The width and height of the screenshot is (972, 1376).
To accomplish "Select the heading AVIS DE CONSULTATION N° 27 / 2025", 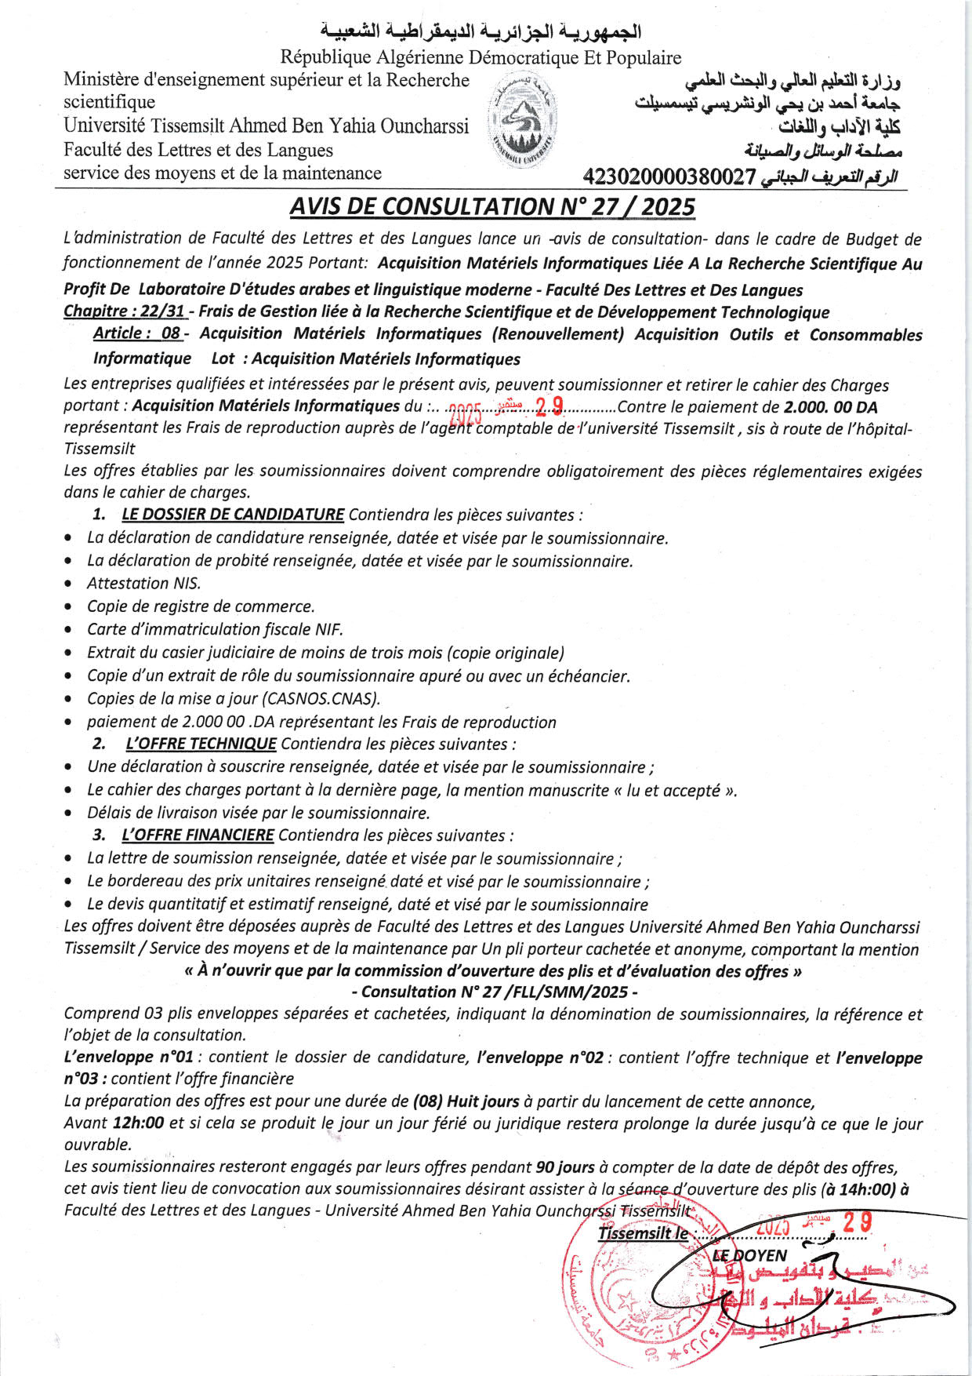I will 492,206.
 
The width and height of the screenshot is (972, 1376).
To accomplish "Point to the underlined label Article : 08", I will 137,333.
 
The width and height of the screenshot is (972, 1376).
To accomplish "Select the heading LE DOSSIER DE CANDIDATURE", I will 233,515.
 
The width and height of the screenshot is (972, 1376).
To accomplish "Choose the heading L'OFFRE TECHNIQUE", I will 201,744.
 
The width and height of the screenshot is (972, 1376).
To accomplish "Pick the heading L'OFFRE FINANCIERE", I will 198,835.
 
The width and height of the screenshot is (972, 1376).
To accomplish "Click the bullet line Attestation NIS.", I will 144,583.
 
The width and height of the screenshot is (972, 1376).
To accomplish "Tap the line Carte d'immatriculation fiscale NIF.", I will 215,629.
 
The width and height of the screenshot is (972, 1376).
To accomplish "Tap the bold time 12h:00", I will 138,1123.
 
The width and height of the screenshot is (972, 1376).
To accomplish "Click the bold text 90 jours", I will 564,1167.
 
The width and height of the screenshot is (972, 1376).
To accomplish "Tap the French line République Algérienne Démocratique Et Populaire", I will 481,57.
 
